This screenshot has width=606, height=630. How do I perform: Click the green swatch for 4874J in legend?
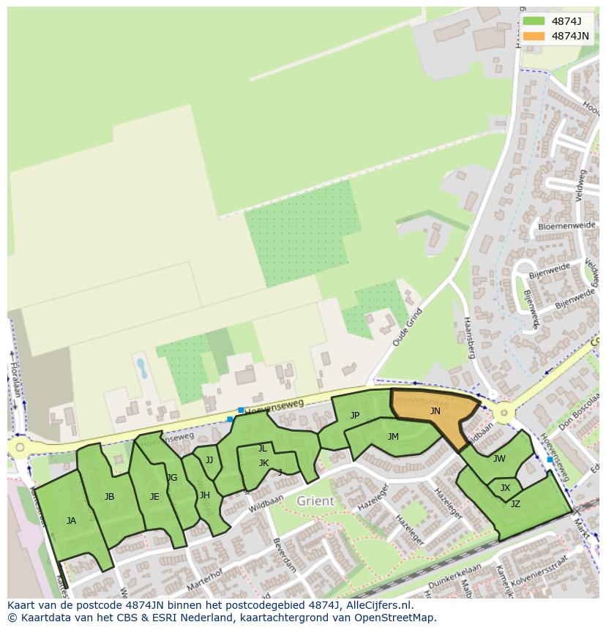tap(534, 21)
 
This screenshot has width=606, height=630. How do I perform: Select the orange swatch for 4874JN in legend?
tap(534, 36)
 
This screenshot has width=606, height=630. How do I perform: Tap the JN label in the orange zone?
tap(435, 411)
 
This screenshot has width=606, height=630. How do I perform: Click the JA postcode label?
tap(71, 521)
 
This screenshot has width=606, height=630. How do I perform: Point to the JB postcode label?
tap(109, 497)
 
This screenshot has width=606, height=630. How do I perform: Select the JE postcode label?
tap(154, 497)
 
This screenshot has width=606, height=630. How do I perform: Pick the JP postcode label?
tap(355, 416)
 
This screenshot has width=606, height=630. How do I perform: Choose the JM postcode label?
tap(393, 437)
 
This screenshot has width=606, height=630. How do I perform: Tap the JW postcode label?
tap(499, 459)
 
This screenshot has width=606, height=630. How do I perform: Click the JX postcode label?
tap(505, 488)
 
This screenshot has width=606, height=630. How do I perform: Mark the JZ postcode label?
tap(515, 503)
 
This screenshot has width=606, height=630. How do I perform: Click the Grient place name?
tap(315, 501)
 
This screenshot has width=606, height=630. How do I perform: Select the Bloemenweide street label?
tap(566, 226)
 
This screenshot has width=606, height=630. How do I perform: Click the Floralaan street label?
tap(15, 376)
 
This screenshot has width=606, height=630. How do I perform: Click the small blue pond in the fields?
tap(141, 367)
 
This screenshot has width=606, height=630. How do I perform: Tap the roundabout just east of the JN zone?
tap(503, 413)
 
